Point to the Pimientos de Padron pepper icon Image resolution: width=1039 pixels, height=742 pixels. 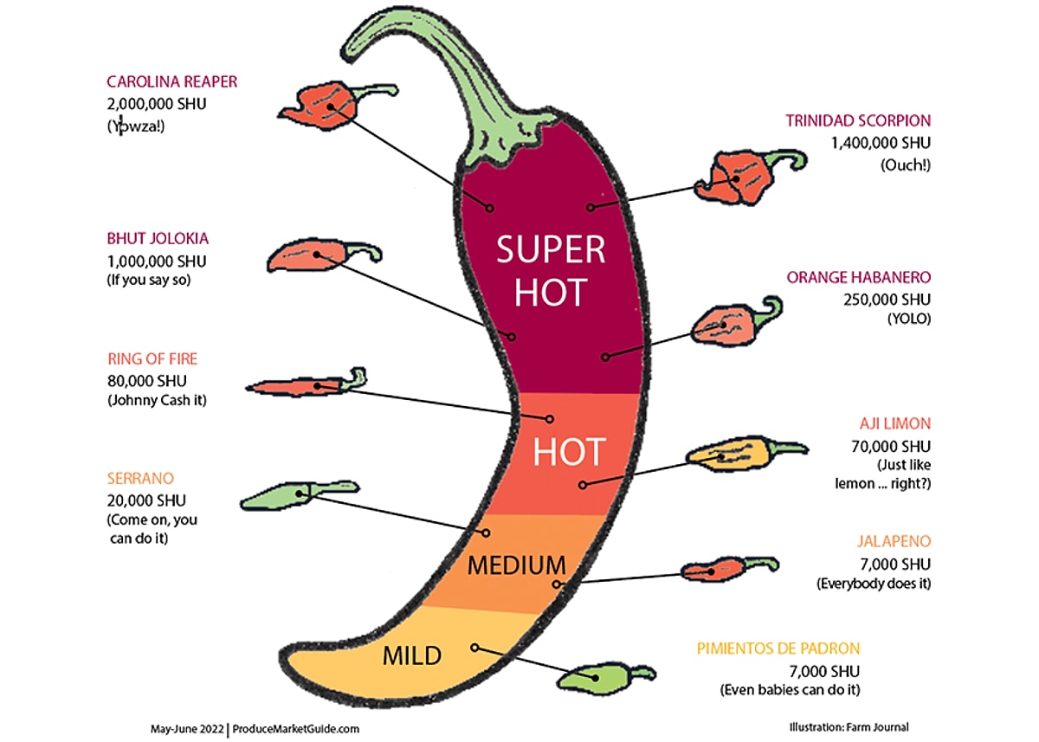597,677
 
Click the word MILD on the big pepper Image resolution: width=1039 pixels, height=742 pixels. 411,655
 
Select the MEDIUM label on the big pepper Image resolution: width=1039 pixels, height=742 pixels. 516,566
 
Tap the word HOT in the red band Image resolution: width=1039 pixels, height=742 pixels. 569,452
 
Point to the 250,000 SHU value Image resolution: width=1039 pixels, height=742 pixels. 887,300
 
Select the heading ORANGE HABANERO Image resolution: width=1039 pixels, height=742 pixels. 859,278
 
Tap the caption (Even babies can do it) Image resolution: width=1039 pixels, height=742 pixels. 790,690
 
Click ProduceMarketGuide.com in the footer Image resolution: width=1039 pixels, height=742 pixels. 296,728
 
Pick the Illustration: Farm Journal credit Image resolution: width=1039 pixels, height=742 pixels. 849,727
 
